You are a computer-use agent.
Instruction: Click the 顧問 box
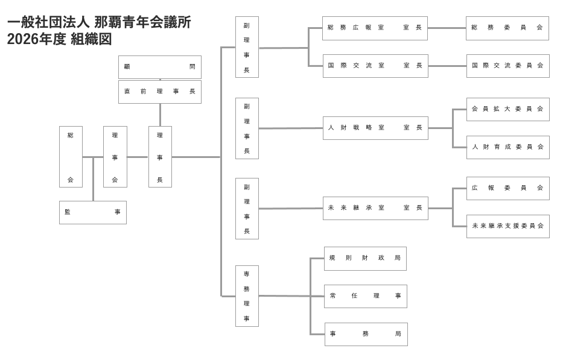click(159, 67)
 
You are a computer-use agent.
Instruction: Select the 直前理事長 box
click(159, 92)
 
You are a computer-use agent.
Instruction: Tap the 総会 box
click(71, 157)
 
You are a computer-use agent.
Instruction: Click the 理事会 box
click(115, 157)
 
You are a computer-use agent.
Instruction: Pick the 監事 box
click(93, 212)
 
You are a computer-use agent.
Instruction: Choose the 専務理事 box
click(247, 296)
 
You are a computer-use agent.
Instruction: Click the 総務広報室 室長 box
click(375, 28)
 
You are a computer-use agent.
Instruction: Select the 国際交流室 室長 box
click(375, 66)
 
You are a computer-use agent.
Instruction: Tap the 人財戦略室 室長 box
click(375, 128)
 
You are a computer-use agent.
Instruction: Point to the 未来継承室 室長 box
click(375, 208)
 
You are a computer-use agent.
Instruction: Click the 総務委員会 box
click(507, 28)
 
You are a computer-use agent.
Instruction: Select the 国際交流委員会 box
click(507, 66)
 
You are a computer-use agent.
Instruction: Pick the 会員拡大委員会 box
click(507, 109)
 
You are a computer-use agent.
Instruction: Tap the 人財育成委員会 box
click(507, 147)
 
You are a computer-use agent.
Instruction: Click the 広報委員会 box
click(507, 188)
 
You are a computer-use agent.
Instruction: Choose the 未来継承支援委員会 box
click(507, 226)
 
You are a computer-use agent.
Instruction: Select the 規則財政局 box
click(365, 258)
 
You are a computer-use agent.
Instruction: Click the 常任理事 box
click(365, 296)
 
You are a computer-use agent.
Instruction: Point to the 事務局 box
click(366, 334)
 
